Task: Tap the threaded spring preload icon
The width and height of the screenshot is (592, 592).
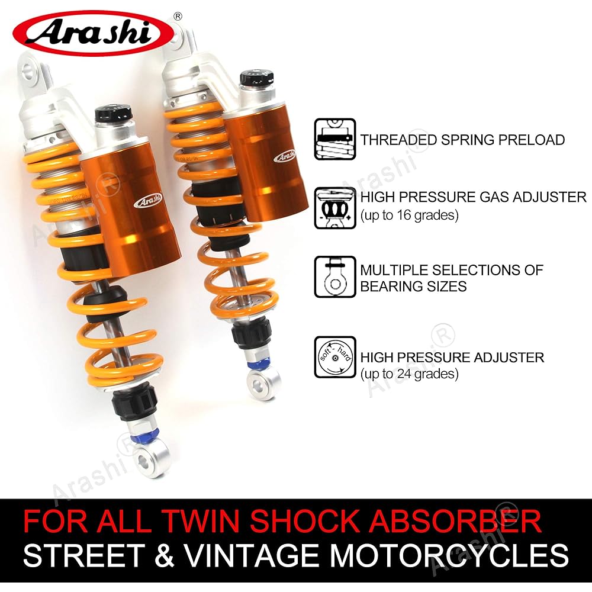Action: pyautogui.click(x=334, y=140)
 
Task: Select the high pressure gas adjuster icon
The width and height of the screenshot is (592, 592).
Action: pyautogui.click(x=334, y=207)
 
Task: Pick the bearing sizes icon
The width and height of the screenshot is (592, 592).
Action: pyautogui.click(x=334, y=277)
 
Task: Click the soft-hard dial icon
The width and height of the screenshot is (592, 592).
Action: pyautogui.click(x=334, y=357)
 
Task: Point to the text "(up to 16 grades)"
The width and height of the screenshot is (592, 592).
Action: pyautogui.click(x=410, y=215)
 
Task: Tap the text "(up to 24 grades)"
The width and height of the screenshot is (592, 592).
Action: pyautogui.click(x=410, y=374)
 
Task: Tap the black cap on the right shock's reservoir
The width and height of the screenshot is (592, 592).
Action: pyautogui.click(x=256, y=78)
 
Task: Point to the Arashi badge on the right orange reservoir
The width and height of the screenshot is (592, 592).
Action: pyautogui.click(x=285, y=156)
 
